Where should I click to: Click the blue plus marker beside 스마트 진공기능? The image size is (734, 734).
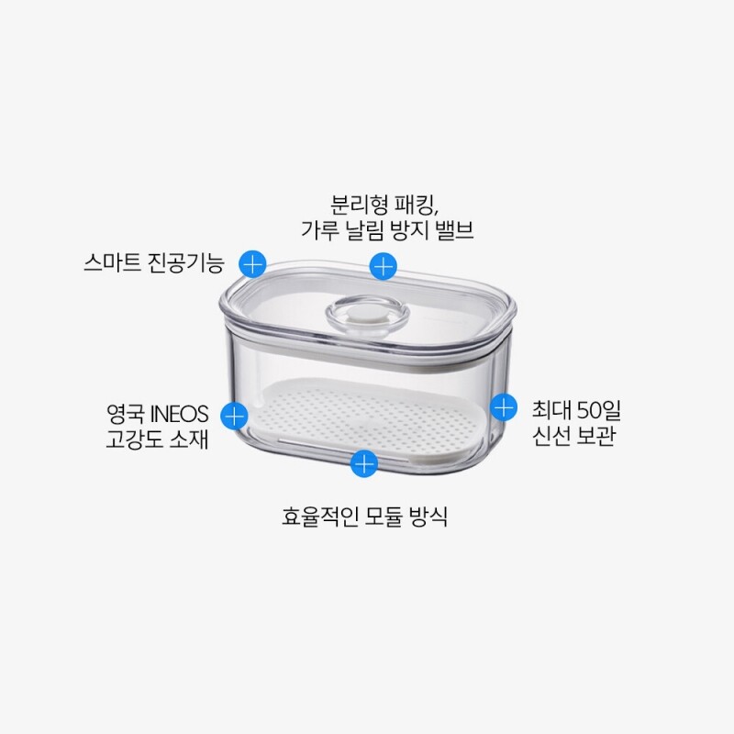point(253,264)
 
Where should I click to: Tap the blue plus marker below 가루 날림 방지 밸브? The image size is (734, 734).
point(383,267)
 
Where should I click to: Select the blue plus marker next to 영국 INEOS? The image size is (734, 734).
point(234,416)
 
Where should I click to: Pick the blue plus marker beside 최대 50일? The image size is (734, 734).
point(504,406)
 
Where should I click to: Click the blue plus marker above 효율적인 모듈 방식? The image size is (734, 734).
point(364,464)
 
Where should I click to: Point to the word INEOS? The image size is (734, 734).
point(179,415)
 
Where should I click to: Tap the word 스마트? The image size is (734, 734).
point(112,262)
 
